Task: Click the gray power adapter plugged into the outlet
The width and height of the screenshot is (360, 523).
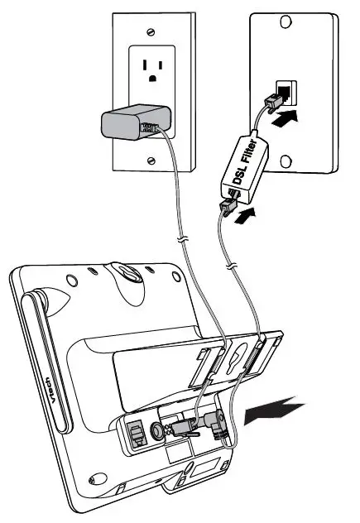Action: pos(129,124)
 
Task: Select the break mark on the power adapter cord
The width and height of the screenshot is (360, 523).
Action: pos(182,241)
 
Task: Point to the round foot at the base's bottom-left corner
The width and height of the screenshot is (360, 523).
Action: pos(96,477)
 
